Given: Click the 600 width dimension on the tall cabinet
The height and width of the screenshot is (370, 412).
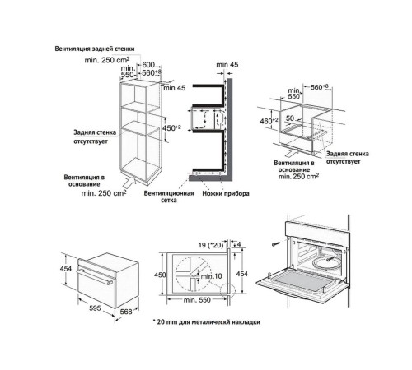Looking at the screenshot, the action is (148, 65).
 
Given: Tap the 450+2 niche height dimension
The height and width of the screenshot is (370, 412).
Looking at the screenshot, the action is (171, 128).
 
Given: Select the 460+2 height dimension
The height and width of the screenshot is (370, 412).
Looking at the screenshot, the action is (269, 121).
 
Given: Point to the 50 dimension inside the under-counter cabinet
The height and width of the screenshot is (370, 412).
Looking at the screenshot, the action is (290, 118).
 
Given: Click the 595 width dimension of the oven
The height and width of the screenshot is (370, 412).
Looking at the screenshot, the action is (95, 308).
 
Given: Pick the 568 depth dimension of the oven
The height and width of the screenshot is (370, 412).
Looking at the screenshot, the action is (126, 312).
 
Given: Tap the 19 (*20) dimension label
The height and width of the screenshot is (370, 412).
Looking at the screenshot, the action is (211, 245).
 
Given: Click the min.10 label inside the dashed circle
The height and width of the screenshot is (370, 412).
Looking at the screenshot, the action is (211, 276).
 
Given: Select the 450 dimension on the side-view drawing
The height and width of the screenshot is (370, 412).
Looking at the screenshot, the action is (160, 275).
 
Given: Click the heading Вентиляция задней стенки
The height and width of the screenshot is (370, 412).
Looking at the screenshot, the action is (95, 49).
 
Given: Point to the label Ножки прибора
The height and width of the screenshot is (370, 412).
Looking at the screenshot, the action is (226, 193).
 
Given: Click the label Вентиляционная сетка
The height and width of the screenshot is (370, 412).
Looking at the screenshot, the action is (169, 197).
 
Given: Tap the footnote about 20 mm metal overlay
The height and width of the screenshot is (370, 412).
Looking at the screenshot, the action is (206, 322).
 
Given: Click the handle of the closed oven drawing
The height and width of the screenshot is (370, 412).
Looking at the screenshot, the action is (95, 276).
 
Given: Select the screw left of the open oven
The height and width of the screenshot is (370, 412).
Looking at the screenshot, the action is (275, 243).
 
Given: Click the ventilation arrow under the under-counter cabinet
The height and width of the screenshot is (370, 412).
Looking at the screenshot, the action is (292, 152).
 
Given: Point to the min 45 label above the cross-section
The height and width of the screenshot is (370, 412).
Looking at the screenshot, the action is (227, 65).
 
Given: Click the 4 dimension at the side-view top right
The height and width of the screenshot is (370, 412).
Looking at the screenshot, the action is (239, 244).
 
